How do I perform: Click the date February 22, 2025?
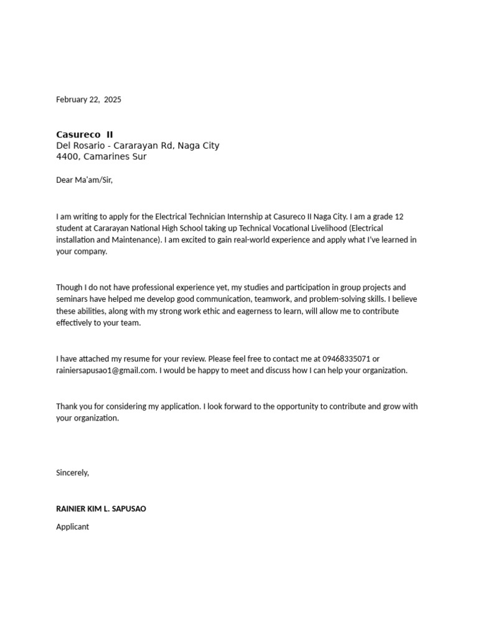(88, 100)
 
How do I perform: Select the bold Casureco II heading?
(85, 134)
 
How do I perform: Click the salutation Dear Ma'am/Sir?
(85, 180)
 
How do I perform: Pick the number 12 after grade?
(399, 216)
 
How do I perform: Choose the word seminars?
(73, 299)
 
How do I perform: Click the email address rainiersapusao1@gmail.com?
(106, 371)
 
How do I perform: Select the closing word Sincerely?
(72, 473)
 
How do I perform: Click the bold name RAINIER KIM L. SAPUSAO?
(101, 509)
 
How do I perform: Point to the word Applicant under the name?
(73, 527)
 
